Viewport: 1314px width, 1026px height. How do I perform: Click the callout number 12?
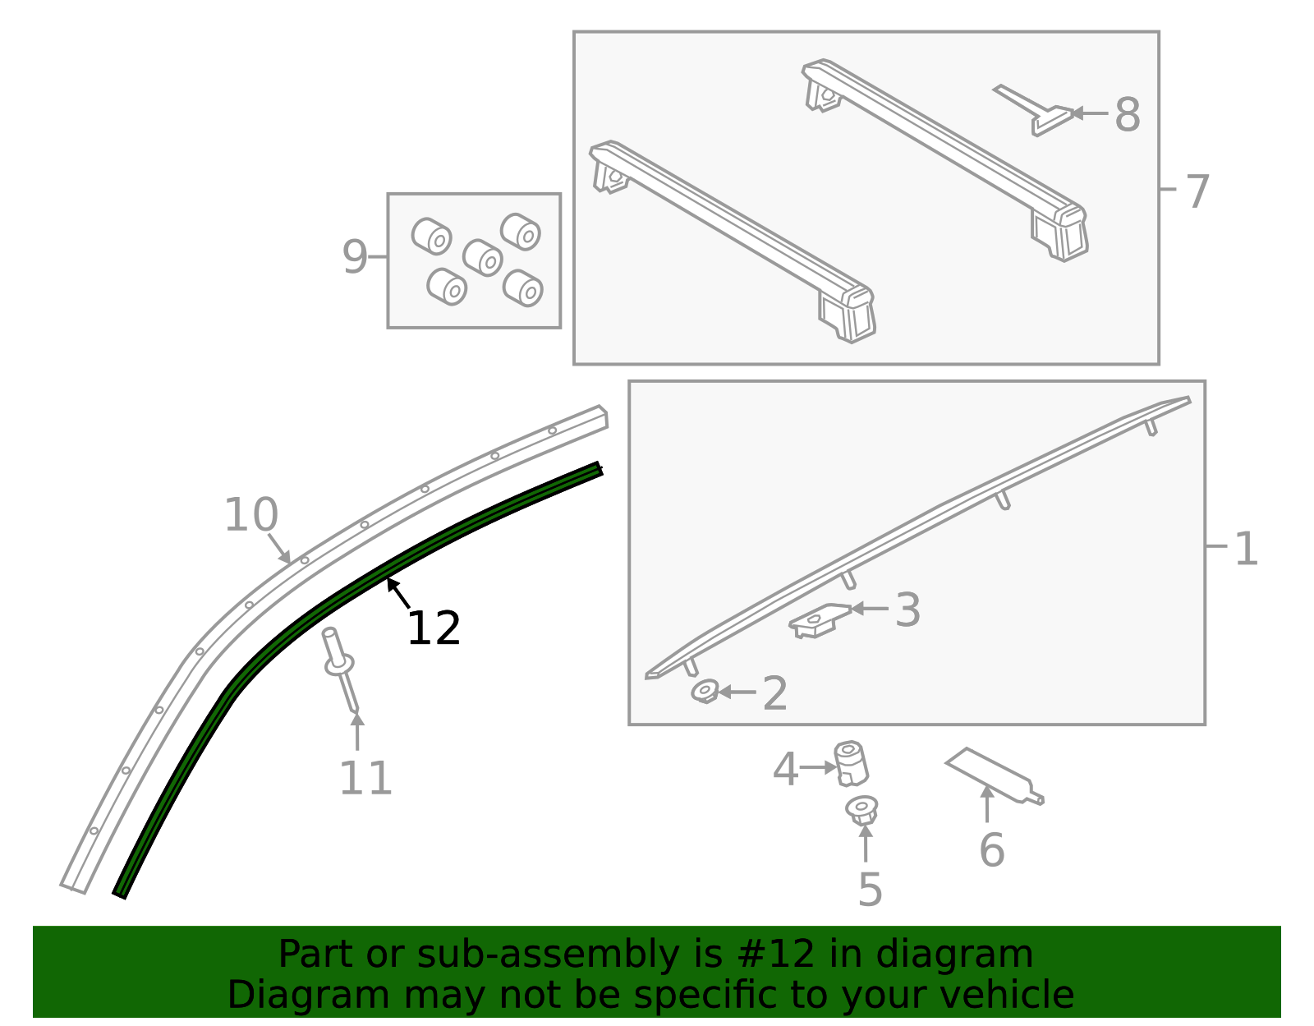click(433, 629)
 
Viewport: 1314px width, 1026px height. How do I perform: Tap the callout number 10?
click(250, 516)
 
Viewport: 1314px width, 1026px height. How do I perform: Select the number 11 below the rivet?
click(365, 778)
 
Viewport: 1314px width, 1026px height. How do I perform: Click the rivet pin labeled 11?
click(342, 669)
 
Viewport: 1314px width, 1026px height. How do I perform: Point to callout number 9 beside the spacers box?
click(354, 257)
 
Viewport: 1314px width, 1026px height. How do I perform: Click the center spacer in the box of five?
click(482, 257)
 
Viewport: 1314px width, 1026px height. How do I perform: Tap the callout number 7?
click(1197, 191)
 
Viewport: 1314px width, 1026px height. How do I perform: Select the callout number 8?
click(1128, 114)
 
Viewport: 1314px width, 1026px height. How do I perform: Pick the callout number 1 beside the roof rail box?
click(1246, 548)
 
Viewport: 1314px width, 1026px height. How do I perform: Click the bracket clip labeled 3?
click(819, 620)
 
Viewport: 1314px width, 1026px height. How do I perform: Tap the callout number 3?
click(907, 610)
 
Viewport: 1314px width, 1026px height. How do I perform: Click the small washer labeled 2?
click(705, 691)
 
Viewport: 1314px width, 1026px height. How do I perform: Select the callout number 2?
click(774, 694)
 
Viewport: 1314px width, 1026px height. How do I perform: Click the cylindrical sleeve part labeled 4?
click(851, 763)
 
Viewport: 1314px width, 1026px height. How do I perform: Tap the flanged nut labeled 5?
click(861, 810)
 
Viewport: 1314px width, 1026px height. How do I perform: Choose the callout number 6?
click(991, 849)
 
